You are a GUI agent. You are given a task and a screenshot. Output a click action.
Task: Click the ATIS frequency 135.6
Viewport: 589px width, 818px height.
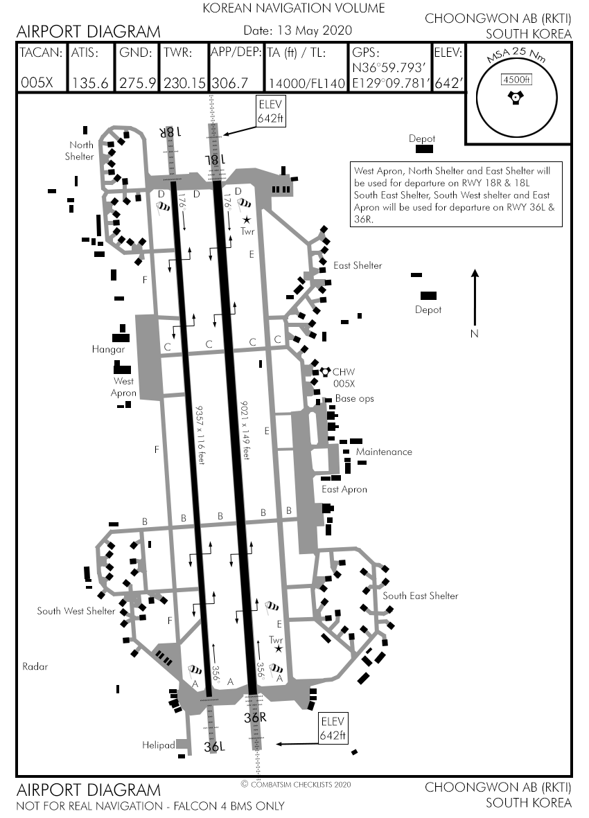(90, 83)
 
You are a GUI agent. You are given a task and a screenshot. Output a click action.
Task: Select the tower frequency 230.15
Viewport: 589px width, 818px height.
(184, 83)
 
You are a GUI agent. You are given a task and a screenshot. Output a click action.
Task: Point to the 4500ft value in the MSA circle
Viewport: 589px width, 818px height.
(516, 79)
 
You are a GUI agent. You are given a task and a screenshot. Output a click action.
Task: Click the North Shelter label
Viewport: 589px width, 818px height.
(80, 151)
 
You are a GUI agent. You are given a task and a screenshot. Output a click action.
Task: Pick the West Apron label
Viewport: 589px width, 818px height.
(124, 387)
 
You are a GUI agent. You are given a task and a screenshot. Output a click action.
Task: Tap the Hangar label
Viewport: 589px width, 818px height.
(108, 350)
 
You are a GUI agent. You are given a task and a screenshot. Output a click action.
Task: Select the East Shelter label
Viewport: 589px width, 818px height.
(358, 265)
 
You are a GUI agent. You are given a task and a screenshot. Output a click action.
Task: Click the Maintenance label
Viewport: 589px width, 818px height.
(384, 452)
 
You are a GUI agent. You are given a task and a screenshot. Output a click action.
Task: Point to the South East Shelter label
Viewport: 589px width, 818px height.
(420, 596)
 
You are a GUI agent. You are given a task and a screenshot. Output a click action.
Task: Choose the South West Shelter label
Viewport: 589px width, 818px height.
(76, 611)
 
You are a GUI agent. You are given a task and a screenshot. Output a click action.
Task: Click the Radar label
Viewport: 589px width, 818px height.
(35, 666)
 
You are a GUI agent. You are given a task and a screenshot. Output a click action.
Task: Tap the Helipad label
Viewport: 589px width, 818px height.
(159, 745)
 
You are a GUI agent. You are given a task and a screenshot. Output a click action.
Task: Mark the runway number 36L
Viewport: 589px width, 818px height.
(215, 747)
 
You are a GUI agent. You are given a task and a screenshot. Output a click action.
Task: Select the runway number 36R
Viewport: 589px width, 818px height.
(255, 718)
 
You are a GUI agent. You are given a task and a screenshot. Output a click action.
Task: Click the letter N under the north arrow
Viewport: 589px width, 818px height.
(475, 334)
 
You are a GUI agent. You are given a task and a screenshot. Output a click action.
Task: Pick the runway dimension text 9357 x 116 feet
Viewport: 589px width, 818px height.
(201, 434)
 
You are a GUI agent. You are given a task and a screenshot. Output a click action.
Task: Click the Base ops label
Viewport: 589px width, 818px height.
(355, 399)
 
